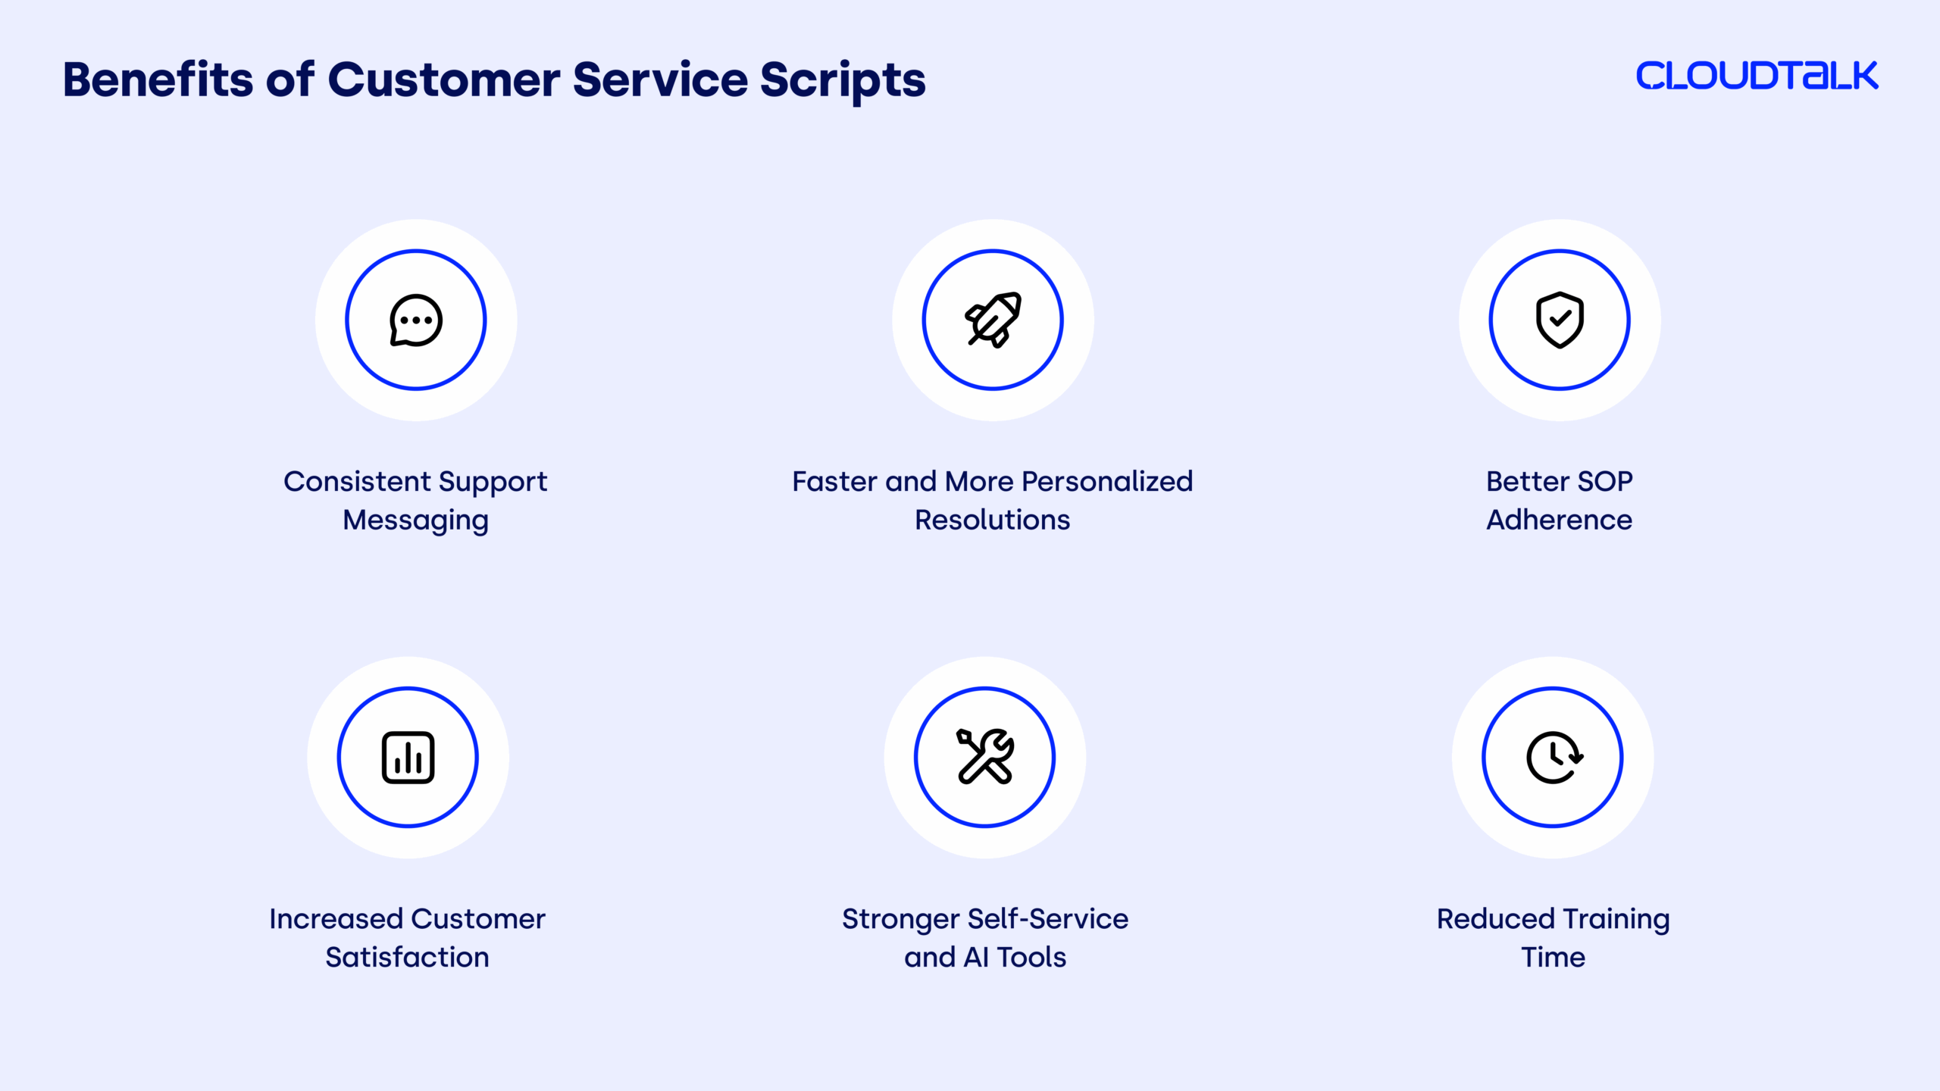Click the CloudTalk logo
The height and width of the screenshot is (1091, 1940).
pos(1757,76)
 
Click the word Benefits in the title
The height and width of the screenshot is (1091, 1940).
pos(158,80)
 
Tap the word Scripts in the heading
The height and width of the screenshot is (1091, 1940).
pos(843,82)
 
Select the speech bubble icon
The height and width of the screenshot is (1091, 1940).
pos(416,320)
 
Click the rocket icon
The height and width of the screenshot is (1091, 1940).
pos(993,320)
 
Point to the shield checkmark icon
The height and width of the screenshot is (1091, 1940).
pos(1560,320)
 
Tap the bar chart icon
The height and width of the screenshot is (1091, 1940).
pos(408,758)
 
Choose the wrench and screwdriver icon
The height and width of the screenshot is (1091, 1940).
pos(984,756)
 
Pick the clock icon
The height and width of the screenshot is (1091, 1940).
pos(1554,758)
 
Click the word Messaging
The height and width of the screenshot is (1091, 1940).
pos(415,521)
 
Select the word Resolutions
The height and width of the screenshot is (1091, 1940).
pos(992,520)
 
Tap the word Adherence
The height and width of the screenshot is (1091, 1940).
pos(1559,520)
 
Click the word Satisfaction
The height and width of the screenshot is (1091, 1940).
pos(407,957)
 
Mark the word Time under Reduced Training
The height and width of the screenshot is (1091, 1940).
pos(1553,957)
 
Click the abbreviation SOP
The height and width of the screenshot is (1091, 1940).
pos(1604,481)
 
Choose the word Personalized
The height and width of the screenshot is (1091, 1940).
pos(1107,481)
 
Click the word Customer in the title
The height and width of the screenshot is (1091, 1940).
pos(443,80)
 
